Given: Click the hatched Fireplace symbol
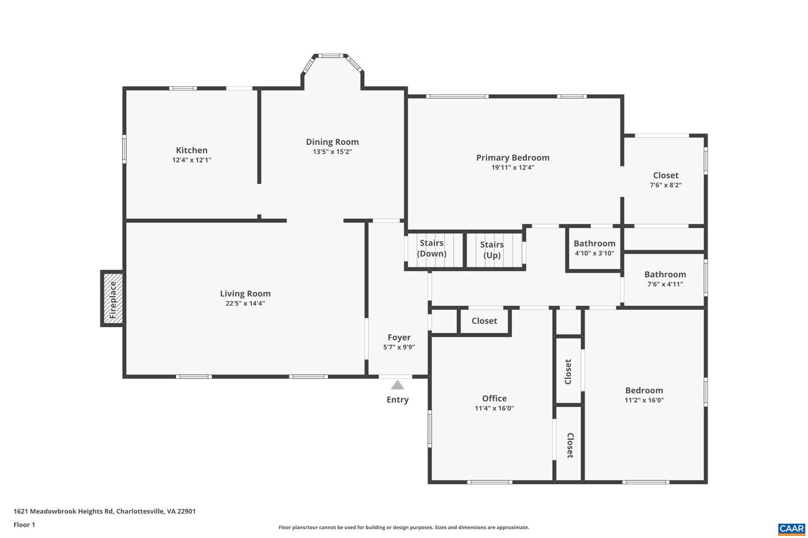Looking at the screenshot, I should click(x=112, y=298).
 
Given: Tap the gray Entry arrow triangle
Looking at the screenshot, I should click(x=397, y=385).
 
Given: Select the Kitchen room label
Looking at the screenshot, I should click(x=192, y=150).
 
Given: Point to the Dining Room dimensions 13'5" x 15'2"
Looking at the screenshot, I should click(x=332, y=152).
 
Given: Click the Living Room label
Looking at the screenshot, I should click(x=245, y=294).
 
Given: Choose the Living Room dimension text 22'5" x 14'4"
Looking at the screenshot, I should click(x=245, y=304).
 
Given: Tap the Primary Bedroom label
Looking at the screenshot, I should click(x=513, y=158).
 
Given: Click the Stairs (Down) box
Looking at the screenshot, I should click(x=432, y=248).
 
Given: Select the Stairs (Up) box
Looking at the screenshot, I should click(x=492, y=250).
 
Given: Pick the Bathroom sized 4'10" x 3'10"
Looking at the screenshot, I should click(x=594, y=248).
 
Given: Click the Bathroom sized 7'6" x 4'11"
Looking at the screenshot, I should click(x=665, y=279).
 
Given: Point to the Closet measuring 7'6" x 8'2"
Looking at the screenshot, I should click(x=665, y=180).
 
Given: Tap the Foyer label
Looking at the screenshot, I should click(x=399, y=337).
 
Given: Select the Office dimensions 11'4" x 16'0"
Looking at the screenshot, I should click(x=494, y=409).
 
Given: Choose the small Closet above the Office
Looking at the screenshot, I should click(x=484, y=321).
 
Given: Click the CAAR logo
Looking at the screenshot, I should click(x=791, y=528).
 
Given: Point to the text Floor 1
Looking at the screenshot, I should click(x=24, y=525).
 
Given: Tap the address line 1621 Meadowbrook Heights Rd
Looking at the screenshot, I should click(x=104, y=511).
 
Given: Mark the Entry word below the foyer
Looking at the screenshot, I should click(x=397, y=400).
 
